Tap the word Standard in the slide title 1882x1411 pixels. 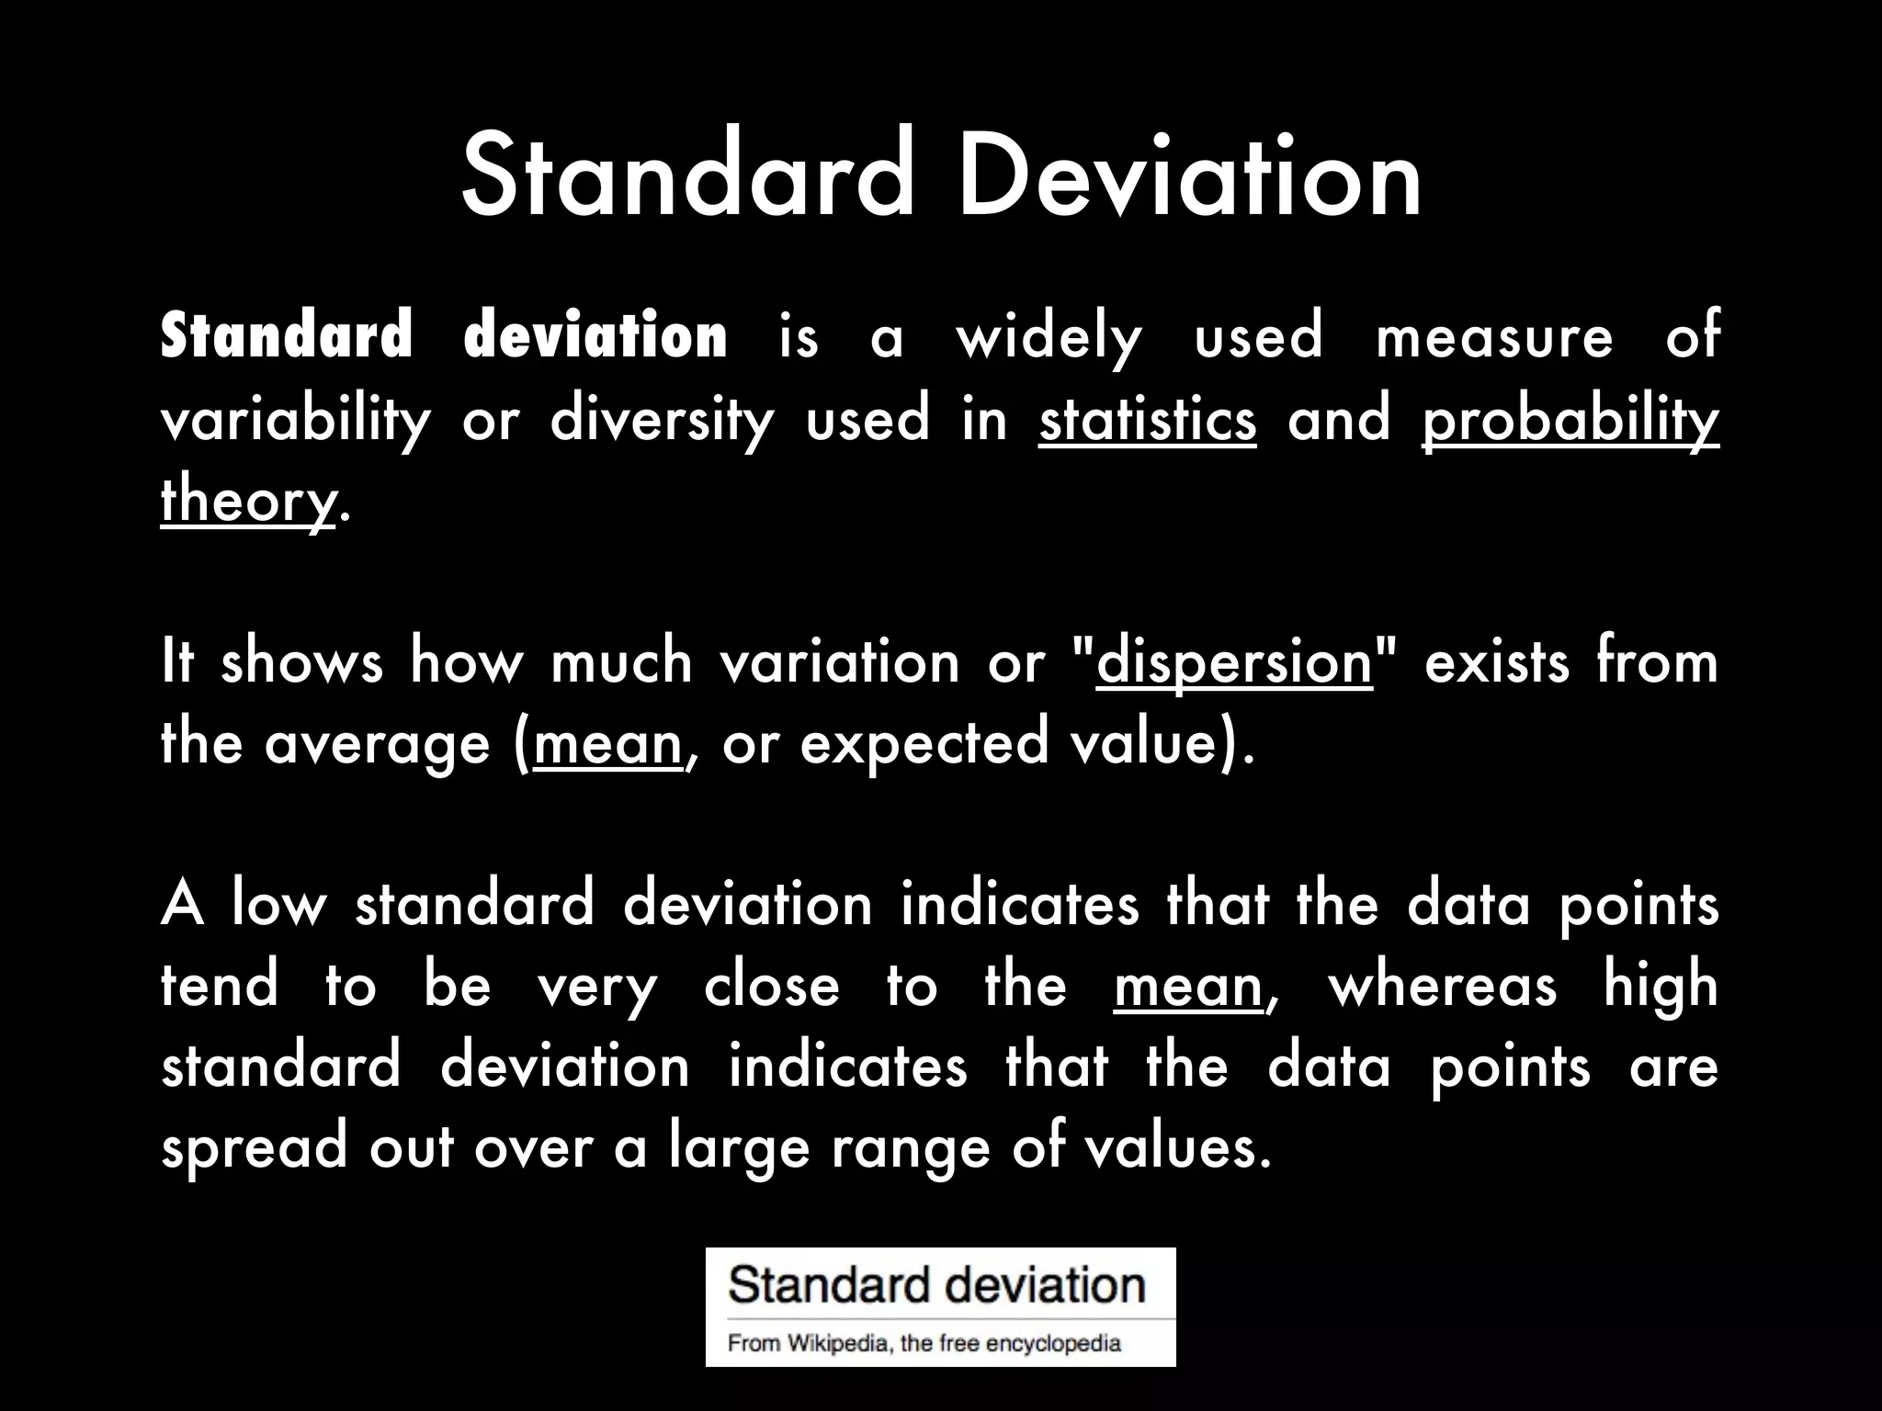688,175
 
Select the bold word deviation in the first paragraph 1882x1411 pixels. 595,336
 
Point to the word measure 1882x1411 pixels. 1494,336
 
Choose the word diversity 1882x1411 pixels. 662,421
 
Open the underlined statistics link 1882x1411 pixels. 1147,421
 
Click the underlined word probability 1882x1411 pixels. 1570,421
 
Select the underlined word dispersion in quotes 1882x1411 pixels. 1234,662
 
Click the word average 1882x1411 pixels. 377,743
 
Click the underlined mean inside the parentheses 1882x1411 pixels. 607,743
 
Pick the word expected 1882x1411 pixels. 924,743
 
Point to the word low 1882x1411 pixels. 278,905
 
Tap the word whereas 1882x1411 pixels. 1443,986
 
